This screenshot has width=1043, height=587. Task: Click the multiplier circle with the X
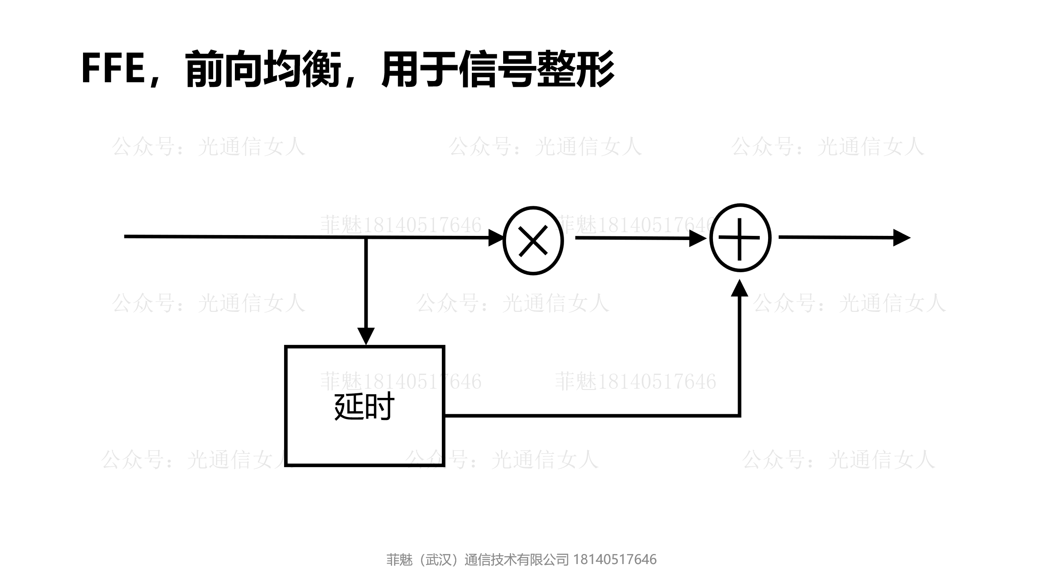click(533, 240)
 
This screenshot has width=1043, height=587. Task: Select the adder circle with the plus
click(740, 238)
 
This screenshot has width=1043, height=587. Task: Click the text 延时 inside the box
click(364, 407)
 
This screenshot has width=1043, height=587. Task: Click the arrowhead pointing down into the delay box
click(366, 336)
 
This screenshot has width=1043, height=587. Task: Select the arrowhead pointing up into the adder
click(740, 288)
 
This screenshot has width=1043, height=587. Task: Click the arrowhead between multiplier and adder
click(698, 238)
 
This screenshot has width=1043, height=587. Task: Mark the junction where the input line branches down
click(366, 238)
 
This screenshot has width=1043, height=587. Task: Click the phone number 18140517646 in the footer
click(615, 559)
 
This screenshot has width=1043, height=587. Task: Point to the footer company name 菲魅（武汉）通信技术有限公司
click(477, 559)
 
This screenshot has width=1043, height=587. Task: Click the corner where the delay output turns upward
click(739, 415)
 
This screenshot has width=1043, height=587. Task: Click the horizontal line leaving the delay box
click(584, 415)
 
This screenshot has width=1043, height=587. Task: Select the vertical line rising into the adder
click(739, 355)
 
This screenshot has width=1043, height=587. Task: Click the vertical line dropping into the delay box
click(366, 284)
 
